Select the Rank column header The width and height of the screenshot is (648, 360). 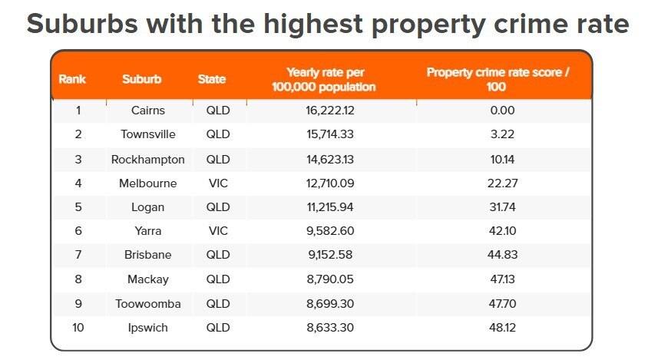pyautogui.click(x=72, y=79)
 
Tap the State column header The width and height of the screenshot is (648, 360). pyautogui.click(x=212, y=79)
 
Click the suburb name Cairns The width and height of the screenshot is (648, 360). pyautogui.click(x=148, y=111)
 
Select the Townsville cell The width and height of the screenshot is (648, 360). pyautogui.click(x=148, y=134)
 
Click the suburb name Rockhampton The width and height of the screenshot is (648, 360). pyautogui.click(x=148, y=160)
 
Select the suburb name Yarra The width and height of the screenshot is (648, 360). pyautogui.click(x=148, y=231)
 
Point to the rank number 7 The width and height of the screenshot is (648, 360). pyautogui.click(x=78, y=255)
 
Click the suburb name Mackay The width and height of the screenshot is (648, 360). pyautogui.click(x=148, y=280)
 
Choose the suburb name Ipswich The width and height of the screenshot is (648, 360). pyautogui.click(x=148, y=328)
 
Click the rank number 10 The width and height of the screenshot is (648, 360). pyautogui.click(x=78, y=328)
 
